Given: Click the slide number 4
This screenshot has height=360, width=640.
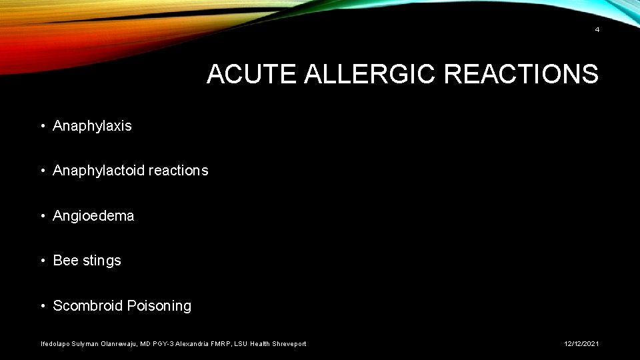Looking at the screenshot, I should point(597,29).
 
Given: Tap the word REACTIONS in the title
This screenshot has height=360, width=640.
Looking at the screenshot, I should point(521,75).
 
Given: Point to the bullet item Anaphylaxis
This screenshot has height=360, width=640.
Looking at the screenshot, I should point(92,126).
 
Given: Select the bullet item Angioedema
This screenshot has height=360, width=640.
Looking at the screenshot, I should point(93,216).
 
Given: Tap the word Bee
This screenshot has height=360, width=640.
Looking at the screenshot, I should point(65,261).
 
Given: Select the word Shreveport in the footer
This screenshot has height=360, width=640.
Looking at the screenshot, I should point(287,344).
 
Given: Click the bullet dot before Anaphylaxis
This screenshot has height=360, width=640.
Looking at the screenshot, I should point(42,126).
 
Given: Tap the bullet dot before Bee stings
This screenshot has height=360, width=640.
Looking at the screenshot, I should point(42,261).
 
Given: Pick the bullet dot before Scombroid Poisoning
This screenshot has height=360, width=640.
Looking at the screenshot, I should point(42,306).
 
